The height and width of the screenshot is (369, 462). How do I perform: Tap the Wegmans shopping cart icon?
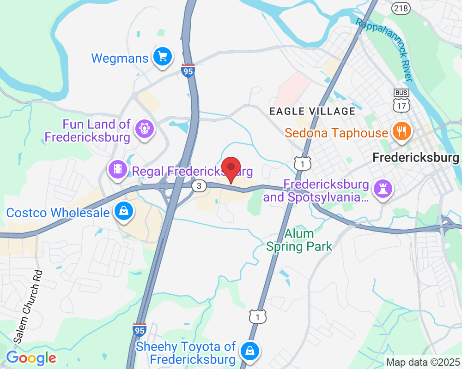click(163, 57)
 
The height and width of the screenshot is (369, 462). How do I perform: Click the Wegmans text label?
click(120, 59)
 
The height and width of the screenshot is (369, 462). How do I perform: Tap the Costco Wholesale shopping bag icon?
click(124, 211)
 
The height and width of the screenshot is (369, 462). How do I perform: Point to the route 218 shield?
click(400, 7)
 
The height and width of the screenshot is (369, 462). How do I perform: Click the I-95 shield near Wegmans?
click(188, 71)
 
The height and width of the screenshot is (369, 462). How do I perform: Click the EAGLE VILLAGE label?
click(312, 111)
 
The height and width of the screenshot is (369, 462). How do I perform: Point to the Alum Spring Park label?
click(299, 240)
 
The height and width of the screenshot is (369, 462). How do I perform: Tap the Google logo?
click(31, 357)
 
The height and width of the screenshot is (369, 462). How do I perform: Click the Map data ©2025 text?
click(423, 362)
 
